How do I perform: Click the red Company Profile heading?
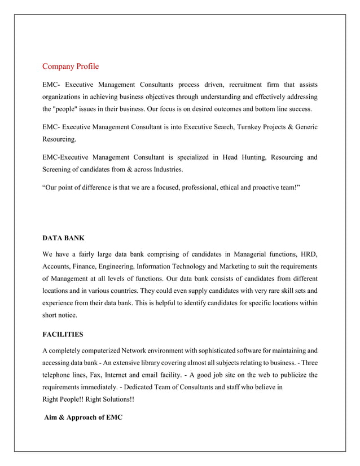point(71,67)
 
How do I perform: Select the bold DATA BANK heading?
point(63,239)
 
